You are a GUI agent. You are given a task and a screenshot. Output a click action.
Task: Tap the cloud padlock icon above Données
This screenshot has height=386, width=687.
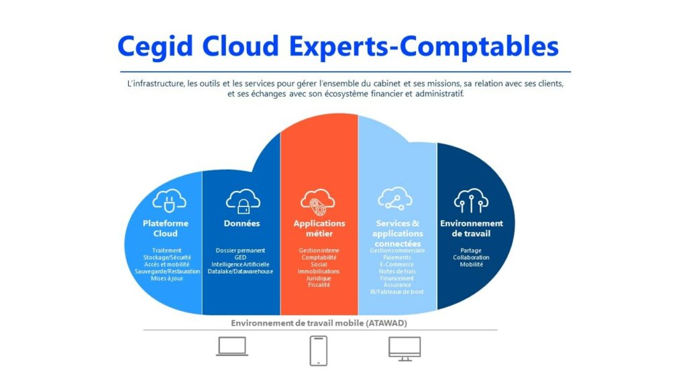[x=242, y=200]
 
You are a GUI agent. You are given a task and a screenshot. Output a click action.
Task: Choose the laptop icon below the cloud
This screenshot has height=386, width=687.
[x=232, y=346]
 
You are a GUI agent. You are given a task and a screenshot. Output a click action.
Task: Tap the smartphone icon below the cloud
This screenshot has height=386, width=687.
[x=319, y=350]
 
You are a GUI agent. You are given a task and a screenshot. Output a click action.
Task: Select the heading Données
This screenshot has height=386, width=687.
[x=242, y=223]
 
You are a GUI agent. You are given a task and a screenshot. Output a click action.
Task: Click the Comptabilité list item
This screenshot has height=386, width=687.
[x=319, y=257]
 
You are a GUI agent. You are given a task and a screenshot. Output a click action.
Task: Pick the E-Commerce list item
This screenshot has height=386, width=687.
[x=397, y=264]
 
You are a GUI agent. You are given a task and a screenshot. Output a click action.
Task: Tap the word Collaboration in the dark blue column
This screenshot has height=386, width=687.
[x=471, y=257]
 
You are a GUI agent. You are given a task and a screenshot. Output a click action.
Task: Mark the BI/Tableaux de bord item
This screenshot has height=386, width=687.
[x=397, y=292]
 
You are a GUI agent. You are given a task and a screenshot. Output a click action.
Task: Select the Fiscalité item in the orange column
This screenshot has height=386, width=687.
[x=319, y=285]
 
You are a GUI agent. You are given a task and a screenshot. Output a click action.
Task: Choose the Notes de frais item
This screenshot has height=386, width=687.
[x=397, y=271]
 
